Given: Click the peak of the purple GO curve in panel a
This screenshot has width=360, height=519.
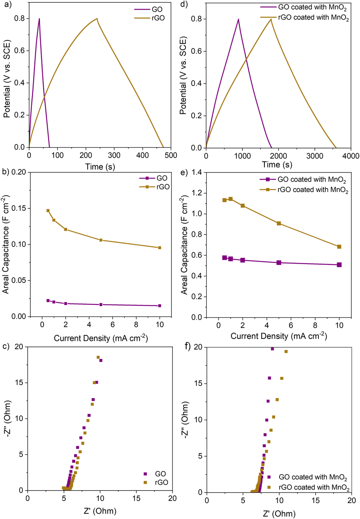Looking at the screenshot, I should coord(39,18).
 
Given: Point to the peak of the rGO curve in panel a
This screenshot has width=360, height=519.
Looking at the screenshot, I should coord(97,18).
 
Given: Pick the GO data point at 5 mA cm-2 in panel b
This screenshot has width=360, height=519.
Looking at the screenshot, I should coord(101,305).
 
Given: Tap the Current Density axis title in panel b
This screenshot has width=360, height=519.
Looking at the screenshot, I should coord(100,338).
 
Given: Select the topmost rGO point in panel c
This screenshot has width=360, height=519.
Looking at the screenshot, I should coord(98,357).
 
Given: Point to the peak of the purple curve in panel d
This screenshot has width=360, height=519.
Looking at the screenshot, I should coord(238,19).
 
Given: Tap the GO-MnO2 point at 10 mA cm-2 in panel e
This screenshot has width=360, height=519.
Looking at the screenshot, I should coord(339,265).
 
